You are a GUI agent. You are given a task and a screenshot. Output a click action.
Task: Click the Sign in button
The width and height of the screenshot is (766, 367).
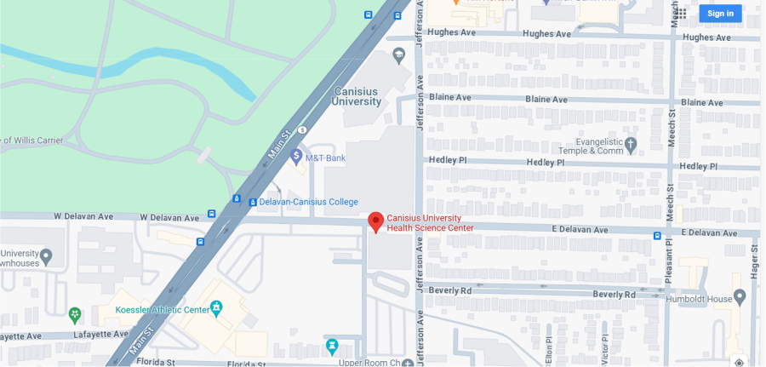tap(720, 13)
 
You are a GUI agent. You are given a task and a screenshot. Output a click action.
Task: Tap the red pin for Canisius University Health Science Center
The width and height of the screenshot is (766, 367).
tap(375, 221)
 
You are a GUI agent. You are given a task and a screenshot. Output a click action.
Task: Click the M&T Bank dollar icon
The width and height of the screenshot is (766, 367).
tap(296, 156)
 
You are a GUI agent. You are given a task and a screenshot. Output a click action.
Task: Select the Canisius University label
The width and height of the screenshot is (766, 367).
tap(357, 95)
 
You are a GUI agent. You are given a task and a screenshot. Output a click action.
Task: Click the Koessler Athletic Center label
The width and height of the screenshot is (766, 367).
tap(162, 309)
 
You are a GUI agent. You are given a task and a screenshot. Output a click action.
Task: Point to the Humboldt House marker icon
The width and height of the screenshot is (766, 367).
tap(739, 297)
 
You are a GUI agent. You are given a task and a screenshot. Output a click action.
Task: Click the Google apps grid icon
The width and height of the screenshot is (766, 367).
tap(680, 13)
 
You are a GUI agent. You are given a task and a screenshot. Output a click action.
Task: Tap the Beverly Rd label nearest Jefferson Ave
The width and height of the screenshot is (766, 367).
tap(450, 290)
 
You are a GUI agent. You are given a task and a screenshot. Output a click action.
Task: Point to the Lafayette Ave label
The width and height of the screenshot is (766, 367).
tap(21, 335)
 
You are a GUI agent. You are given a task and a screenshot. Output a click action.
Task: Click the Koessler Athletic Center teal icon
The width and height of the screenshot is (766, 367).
tap(216, 307)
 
